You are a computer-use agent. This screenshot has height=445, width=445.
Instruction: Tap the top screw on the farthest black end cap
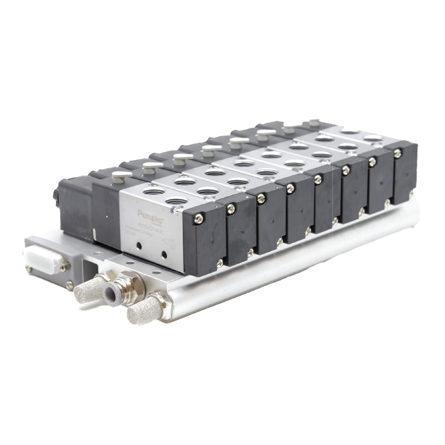coord(398,154)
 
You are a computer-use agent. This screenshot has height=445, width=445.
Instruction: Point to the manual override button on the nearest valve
coord(121,175)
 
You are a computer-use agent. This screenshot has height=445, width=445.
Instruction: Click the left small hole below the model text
coord(137,250)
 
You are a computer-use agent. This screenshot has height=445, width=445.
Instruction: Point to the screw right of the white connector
coord(64,267)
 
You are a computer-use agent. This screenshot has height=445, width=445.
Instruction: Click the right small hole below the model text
coord(164,255)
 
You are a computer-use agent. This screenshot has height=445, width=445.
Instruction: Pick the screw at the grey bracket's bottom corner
coord(69,286)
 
